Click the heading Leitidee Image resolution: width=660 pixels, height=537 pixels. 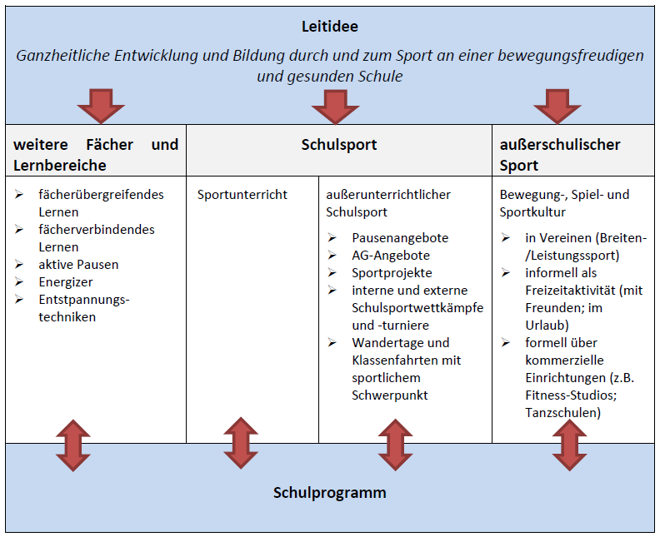point(330,27)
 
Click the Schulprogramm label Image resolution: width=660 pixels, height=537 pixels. point(330,492)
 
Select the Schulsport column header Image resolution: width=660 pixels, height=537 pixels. point(339,145)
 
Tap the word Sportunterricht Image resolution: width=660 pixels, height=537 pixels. point(242,195)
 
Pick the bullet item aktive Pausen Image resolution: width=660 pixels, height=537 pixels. point(78,265)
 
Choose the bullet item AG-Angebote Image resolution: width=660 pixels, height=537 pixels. point(391,256)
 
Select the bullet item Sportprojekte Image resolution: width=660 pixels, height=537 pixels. point(392,273)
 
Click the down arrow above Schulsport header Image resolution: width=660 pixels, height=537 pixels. point(336,106)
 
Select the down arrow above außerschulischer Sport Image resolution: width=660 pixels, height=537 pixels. point(557,106)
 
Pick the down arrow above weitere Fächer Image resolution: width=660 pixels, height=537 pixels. point(101,106)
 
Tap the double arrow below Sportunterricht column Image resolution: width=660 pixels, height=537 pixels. point(241,443)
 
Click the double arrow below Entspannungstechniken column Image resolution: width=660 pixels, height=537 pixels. point(73,445)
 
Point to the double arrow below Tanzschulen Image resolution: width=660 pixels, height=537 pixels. point(570,445)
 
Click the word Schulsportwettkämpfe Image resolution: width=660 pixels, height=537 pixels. point(417,308)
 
